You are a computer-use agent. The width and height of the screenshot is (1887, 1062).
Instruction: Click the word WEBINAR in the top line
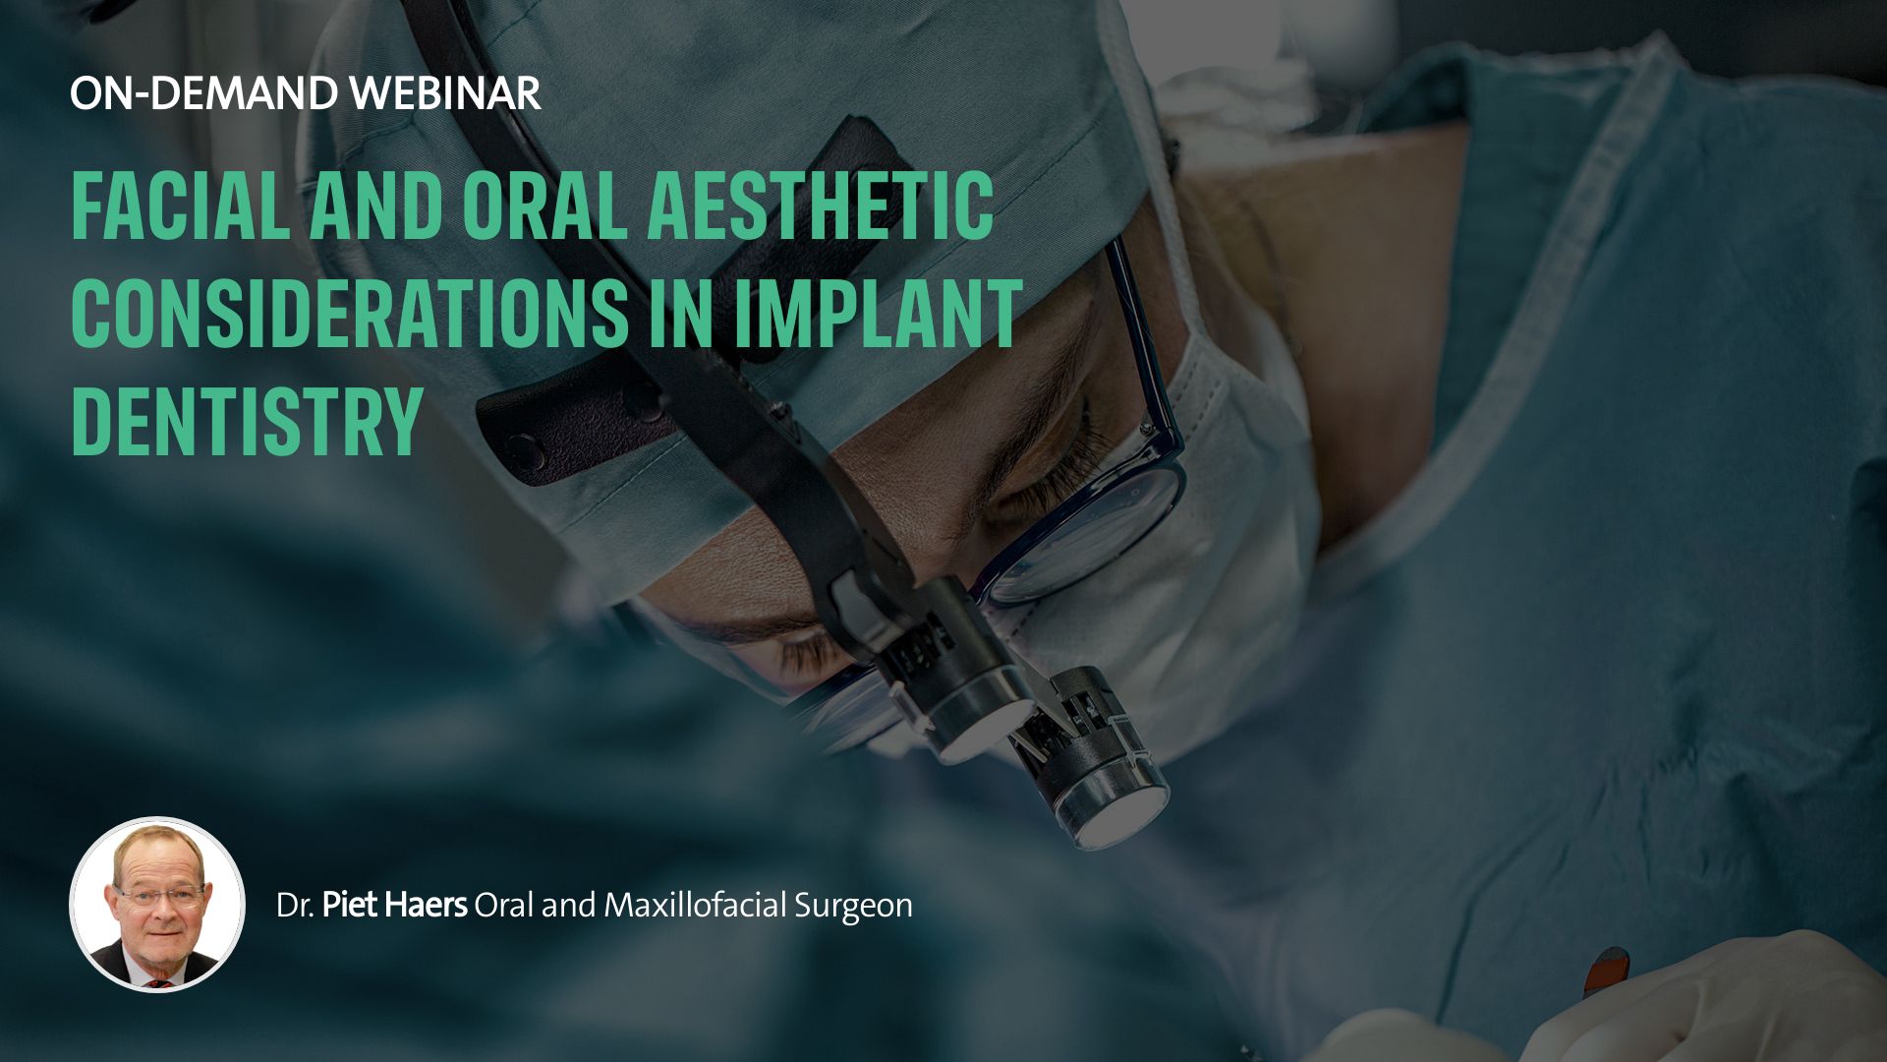coord(445,93)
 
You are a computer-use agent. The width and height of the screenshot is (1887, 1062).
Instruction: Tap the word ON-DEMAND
coord(204,93)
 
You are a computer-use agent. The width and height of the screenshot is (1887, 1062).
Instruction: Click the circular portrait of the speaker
coord(157,905)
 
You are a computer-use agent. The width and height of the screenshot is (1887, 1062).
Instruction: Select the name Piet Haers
coord(394,905)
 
